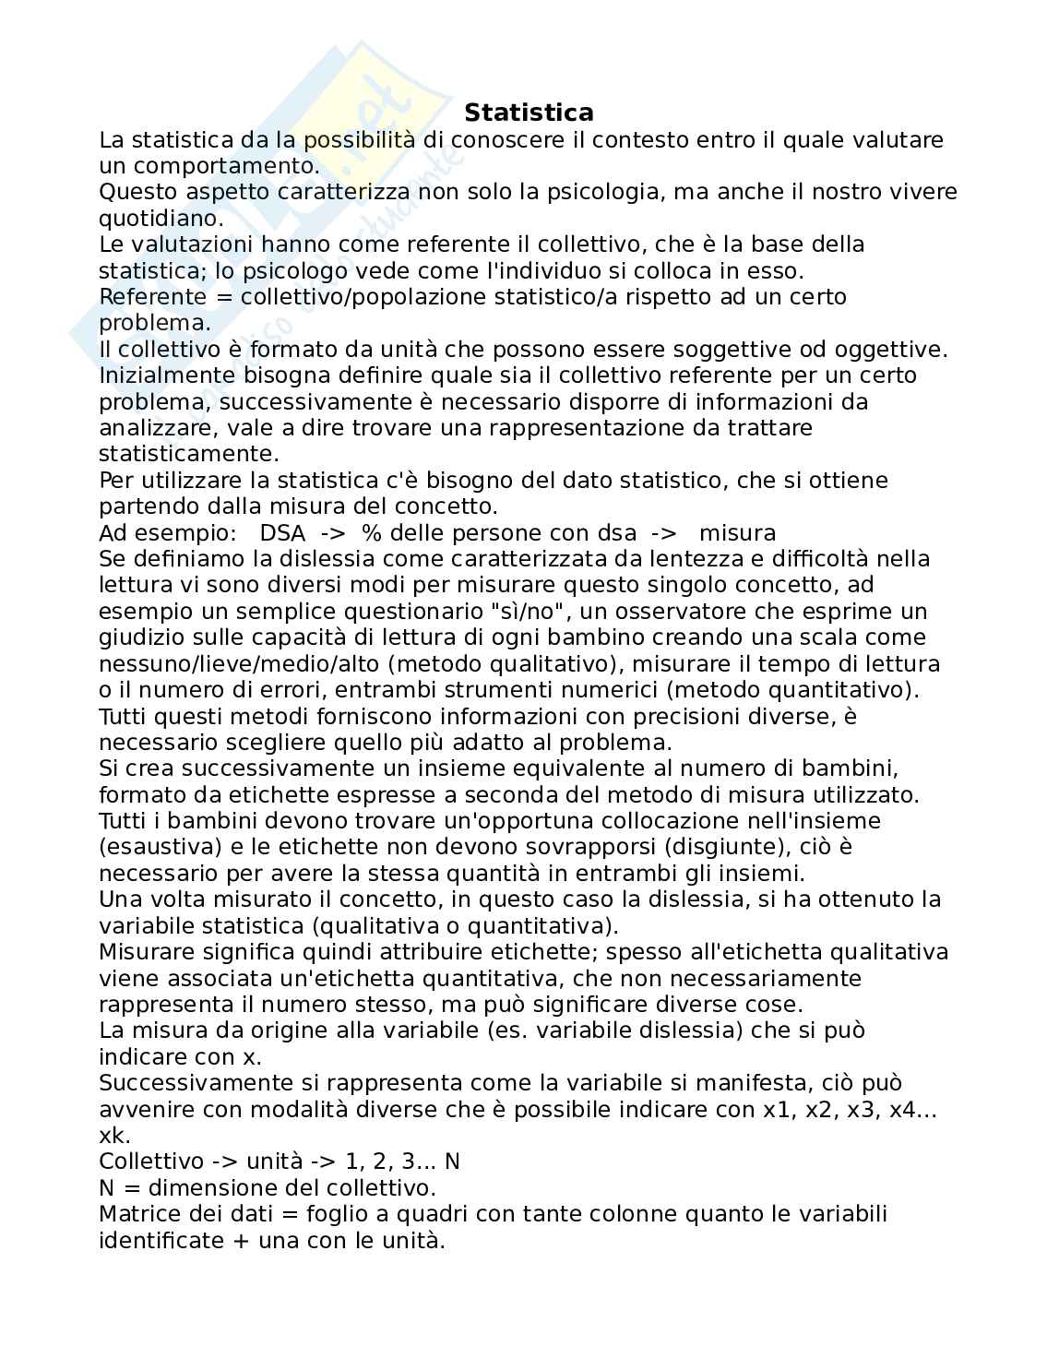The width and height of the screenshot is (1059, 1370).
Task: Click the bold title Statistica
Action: coord(529,113)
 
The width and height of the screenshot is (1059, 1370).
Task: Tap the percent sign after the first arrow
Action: coord(371,533)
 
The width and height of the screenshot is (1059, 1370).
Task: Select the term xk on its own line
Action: coord(114,1136)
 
